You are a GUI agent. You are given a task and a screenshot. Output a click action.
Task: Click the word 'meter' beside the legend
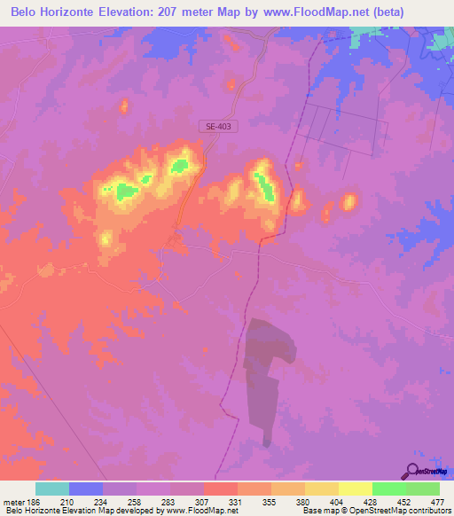click(13, 501)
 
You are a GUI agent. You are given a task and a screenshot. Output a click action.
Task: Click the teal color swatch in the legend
click(52, 489)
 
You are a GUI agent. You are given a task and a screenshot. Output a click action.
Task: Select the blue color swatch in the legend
click(86, 489)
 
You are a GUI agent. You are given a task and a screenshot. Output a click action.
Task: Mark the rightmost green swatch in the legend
click(422, 489)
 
